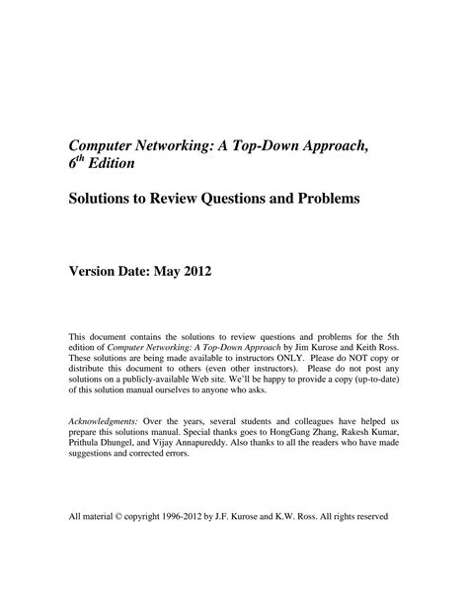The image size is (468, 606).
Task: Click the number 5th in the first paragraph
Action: click(382, 335)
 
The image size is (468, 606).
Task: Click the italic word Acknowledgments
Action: click(104, 421)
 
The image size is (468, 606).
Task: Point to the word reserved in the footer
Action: click(376, 516)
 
